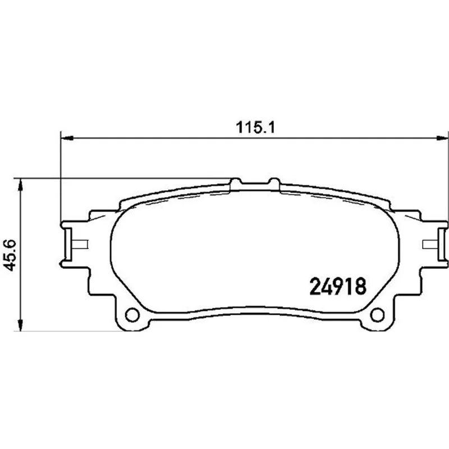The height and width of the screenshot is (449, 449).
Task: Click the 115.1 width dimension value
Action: coord(255,127)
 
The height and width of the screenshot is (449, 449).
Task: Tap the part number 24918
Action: coord(338,286)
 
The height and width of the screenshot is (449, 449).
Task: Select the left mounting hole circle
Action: coord(132,315)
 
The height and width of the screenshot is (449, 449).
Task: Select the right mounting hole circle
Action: coord(377,315)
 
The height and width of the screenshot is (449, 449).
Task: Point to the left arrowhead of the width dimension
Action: coord(67,138)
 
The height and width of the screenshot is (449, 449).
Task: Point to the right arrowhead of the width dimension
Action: coord(442,138)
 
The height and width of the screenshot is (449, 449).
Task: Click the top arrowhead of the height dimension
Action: coord(20,185)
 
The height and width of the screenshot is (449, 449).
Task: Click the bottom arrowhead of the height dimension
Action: coord(20,325)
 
